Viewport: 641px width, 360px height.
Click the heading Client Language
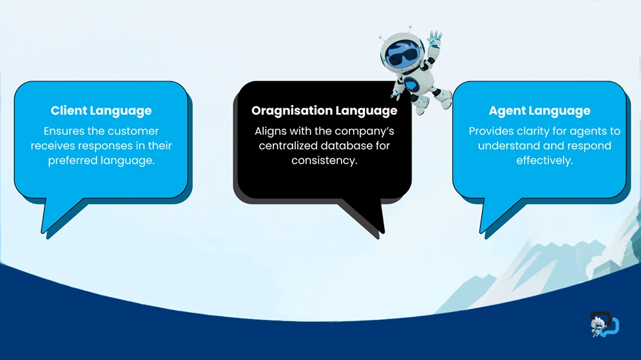[101, 111]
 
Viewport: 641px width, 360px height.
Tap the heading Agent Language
[539, 111]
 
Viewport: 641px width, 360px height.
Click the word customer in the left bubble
[133, 131]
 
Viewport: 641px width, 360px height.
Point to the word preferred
[73, 160]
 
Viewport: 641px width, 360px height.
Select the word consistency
[324, 160]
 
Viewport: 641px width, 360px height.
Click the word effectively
[544, 160]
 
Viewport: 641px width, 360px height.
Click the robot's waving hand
[435, 38]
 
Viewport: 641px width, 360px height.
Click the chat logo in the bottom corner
[604, 325]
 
